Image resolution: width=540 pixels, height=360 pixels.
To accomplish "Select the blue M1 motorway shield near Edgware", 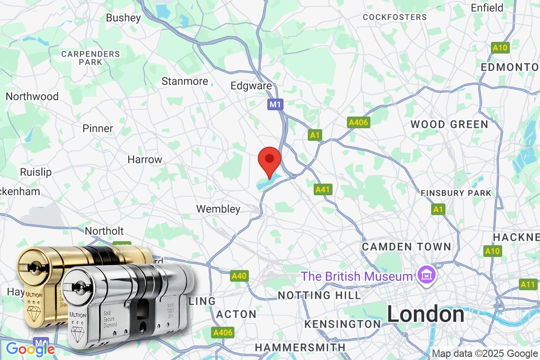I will pyautogui.click(x=275, y=105).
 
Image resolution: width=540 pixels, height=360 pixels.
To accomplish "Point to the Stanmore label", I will pyautogui.click(x=184, y=81).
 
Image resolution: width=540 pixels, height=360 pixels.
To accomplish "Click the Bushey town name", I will pyautogui.click(x=123, y=18).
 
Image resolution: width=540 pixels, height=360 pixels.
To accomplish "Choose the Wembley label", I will pyautogui.click(x=218, y=209).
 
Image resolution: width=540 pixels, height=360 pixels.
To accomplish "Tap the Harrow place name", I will pyautogui.click(x=144, y=159).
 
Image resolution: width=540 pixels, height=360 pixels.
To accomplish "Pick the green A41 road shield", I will pyautogui.click(x=323, y=190).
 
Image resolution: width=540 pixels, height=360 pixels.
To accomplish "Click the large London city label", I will pyautogui.click(x=426, y=314).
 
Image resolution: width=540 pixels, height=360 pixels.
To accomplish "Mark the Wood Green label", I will pyautogui.click(x=449, y=124).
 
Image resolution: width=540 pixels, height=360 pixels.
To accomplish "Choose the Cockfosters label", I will pyautogui.click(x=395, y=17).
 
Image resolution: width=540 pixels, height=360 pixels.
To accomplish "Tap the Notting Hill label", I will pyautogui.click(x=319, y=295).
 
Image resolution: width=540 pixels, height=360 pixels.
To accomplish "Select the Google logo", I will pyautogui.click(x=30, y=349).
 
